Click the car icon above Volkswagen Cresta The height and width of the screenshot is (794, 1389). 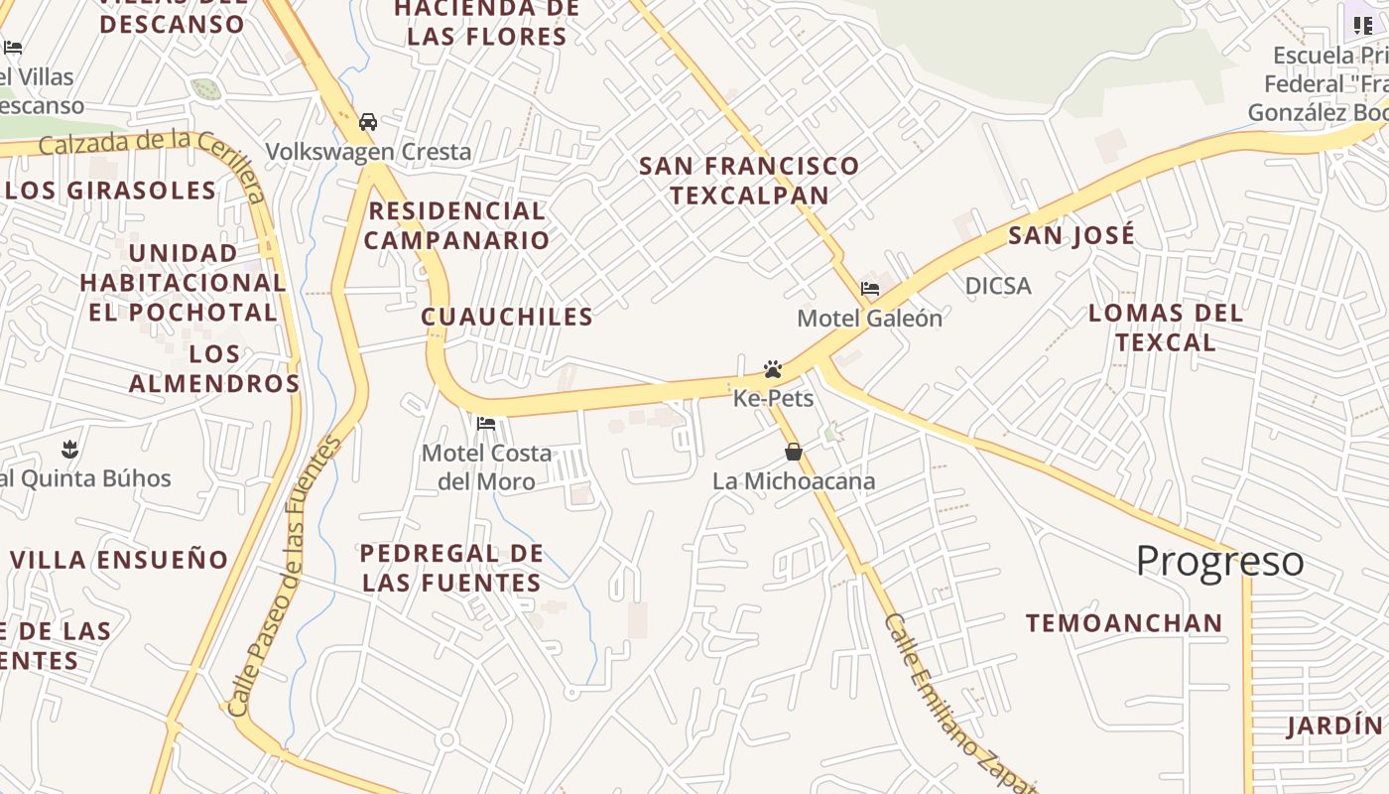click(x=368, y=122)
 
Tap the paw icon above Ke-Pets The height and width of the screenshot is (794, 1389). click(x=773, y=369)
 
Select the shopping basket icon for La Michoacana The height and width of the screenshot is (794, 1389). click(x=794, y=453)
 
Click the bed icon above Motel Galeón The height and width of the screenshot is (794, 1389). click(x=870, y=289)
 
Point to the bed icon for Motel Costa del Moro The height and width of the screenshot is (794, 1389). click(x=486, y=424)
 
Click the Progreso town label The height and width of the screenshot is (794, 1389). click(x=1219, y=562)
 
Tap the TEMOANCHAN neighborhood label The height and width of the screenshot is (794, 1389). click(x=1124, y=623)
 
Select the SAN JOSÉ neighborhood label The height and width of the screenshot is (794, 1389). click(x=1072, y=236)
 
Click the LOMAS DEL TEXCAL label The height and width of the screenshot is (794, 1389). click(x=1166, y=328)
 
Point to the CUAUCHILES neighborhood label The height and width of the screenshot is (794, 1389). click(x=507, y=317)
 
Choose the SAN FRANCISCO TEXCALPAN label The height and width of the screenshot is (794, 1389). click(x=749, y=180)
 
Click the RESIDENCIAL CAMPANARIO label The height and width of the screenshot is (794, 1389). click(x=456, y=225)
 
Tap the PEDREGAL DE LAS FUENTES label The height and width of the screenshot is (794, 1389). click(x=451, y=568)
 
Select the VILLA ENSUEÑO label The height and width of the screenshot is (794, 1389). click(x=119, y=560)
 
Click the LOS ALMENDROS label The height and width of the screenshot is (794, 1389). click(x=214, y=368)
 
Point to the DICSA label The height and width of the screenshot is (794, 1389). click(x=998, y=287)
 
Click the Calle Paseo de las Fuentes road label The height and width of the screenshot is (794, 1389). click(x=284, y=576)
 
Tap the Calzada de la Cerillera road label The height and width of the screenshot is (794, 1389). click(x=149, y=149)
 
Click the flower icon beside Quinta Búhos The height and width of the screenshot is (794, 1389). click(x=69, y=449)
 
